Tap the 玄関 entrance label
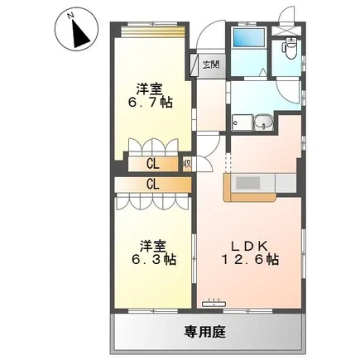click(211, 65)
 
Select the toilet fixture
click(290, 48)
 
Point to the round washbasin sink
click(264, 122)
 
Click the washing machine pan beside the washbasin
click(242, 122)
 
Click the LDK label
click(249, 247)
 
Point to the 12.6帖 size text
click(250, 260)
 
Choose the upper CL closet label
click(153, 165)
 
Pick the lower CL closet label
click(153, 184)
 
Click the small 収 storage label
click(187, 164)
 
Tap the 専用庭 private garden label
click(205, 332)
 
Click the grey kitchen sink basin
click(247, 183)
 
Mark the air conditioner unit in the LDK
click(214, 304)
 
